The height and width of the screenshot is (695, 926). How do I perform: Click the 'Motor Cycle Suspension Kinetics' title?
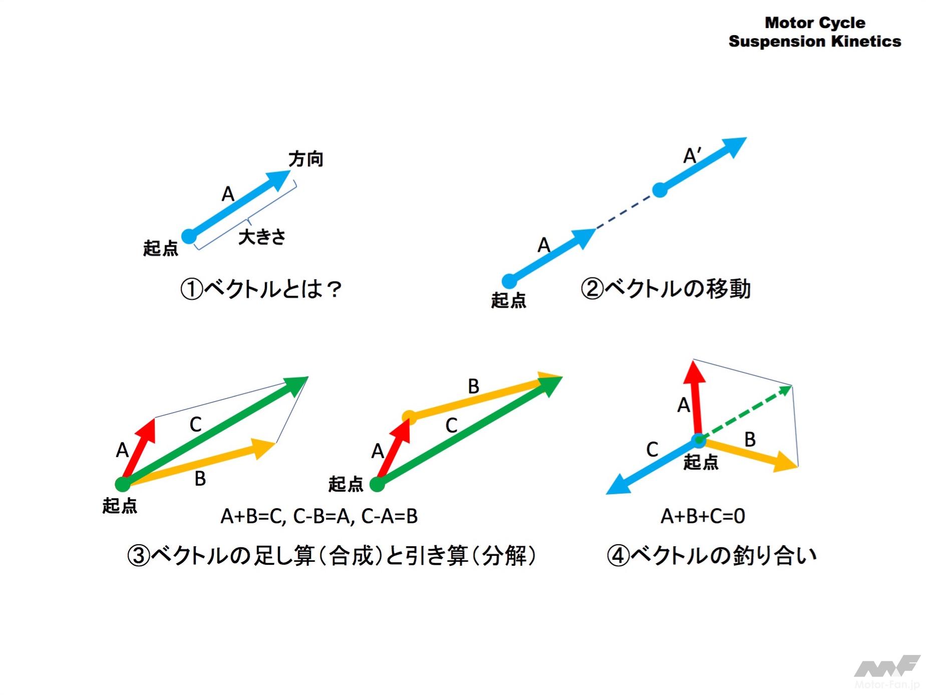[x=814, y=32]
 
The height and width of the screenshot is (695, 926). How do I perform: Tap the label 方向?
[x=305, y=159]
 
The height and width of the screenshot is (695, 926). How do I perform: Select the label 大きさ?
[x=262, y=237]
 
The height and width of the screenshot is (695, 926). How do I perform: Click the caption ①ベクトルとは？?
[x=261, y=289]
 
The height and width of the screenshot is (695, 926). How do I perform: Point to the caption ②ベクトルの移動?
[x=666, y=289]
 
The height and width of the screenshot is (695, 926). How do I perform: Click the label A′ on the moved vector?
[x=693, y=156]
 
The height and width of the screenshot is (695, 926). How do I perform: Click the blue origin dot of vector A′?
[x=660, y=190]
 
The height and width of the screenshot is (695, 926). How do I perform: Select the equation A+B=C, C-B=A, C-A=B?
[x=319, y=516]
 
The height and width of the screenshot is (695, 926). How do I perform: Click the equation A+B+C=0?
[x=703, y=516]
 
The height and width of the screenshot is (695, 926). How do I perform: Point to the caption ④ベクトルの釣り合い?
[x=712, y=555]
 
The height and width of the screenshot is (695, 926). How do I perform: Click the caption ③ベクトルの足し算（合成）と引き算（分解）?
[x=332, y=555]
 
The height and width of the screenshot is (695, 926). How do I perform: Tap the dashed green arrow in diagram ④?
[x=745, y=413]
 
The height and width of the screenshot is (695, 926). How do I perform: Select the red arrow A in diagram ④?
[x=696, y=400]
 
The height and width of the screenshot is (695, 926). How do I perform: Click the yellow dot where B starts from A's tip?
[x=409, y=417]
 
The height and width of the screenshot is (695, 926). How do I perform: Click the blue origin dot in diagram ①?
[x=189, y=236]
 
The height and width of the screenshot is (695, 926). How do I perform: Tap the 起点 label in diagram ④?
[x=701, y=462]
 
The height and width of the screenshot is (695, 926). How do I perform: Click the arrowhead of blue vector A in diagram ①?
[x=279, y=180]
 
